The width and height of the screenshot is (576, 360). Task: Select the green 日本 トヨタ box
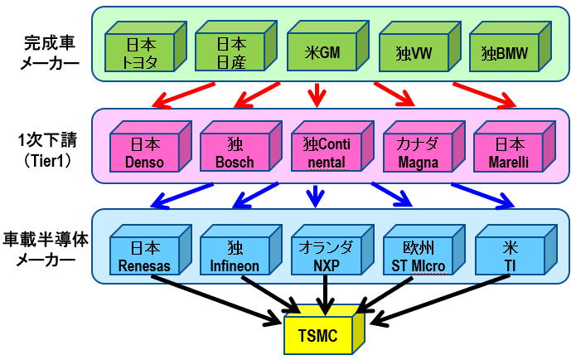139,52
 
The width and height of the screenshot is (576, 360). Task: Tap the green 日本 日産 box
230,52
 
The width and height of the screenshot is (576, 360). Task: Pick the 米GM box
320,52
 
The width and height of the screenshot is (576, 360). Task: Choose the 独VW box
412,52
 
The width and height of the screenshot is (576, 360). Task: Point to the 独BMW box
502,52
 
